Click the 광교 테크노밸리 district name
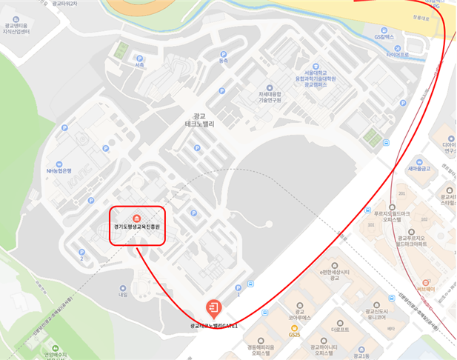198,120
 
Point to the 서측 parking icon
139,59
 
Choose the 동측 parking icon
223,55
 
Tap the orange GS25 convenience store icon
295,327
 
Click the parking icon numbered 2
81,253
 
